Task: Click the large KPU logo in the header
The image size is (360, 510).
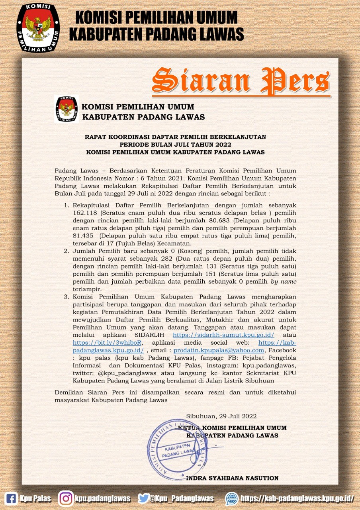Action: [38, 28]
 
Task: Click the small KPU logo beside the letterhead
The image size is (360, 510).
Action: [67, 109]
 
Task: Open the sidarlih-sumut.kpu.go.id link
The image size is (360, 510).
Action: [223, 335]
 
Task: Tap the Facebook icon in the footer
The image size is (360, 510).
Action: [12, 498]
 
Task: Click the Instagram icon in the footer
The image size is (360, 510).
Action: [66, 498]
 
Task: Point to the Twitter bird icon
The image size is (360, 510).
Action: [143, 498]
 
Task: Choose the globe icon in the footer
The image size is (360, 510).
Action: [232, 498]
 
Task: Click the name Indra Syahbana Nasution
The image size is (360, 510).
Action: [232, 478]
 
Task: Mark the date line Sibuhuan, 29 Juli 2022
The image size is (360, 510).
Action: [221, 416]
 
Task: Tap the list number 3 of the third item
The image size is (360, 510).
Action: [67, 297]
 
